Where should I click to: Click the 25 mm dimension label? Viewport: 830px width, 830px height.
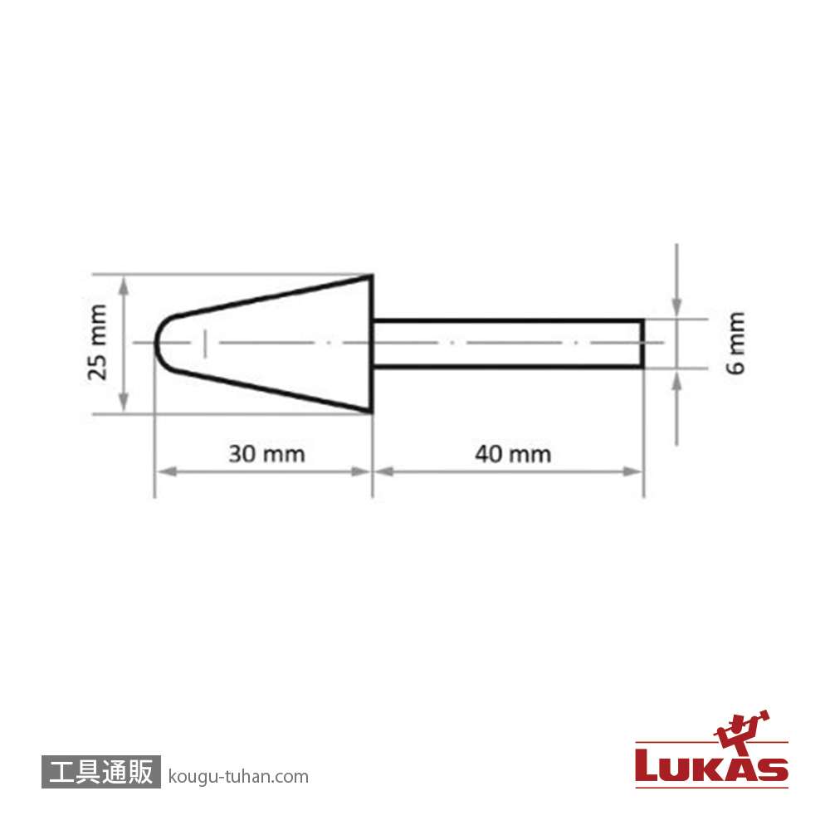pos(97,343)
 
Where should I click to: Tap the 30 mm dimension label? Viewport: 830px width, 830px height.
pos(266,454)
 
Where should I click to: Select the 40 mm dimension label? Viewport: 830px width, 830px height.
pos(513,454)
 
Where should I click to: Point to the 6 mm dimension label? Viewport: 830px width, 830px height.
pos(735,343)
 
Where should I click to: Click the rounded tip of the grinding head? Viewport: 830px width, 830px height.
pos(155,343)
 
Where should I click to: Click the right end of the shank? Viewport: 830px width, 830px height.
pos(642,343)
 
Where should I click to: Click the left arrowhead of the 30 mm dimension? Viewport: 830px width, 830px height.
pos(166,471)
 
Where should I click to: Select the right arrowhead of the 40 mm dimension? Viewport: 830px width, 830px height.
pos(632,471)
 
